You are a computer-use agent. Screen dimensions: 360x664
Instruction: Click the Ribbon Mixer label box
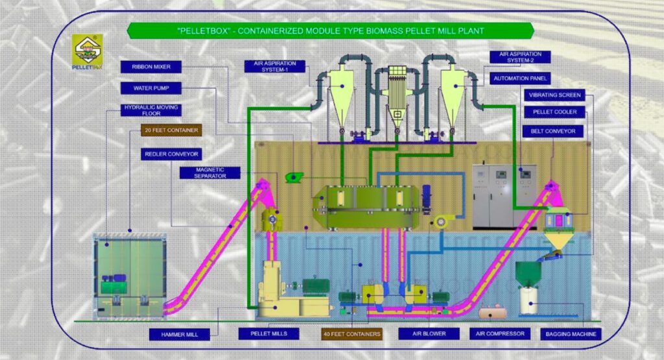click(x=151, y=66)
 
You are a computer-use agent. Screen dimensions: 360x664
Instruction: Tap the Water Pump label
click(x=151, y=88)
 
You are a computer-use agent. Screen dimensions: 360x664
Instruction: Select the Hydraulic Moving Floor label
click(x=151, y=110)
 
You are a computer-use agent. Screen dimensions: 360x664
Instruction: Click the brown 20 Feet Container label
click(x=172, y=130)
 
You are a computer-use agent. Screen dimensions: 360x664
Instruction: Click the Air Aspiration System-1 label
click(x=271, y=66)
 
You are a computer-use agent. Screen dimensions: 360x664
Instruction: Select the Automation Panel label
click(x=521, y=78)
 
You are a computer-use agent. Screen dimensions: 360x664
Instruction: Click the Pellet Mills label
click(x=268, y=334)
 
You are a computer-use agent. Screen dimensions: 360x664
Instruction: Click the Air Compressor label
click(x=499, y=334)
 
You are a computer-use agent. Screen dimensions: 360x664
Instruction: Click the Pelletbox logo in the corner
click(x=86, y=50)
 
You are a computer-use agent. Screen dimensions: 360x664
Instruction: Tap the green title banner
click(x=330, y=30)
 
